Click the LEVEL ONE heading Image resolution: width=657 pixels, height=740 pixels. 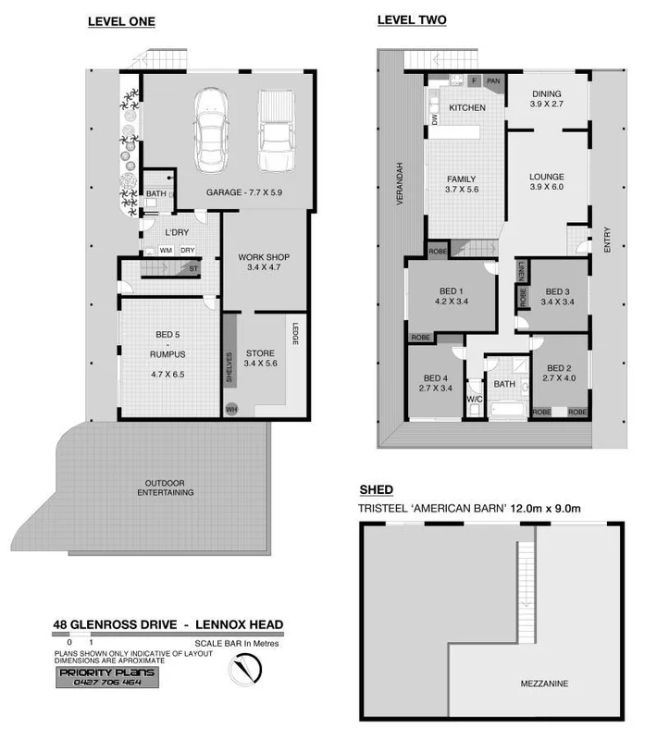click(121, 20)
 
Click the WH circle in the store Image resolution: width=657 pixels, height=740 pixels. click(231, 408)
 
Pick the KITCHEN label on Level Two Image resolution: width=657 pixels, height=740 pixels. click(467, 108)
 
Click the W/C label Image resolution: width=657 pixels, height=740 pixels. click(475, 400)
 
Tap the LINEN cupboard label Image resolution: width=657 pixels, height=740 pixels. click(522, 270)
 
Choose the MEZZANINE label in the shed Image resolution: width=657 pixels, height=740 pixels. click(545, 684)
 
